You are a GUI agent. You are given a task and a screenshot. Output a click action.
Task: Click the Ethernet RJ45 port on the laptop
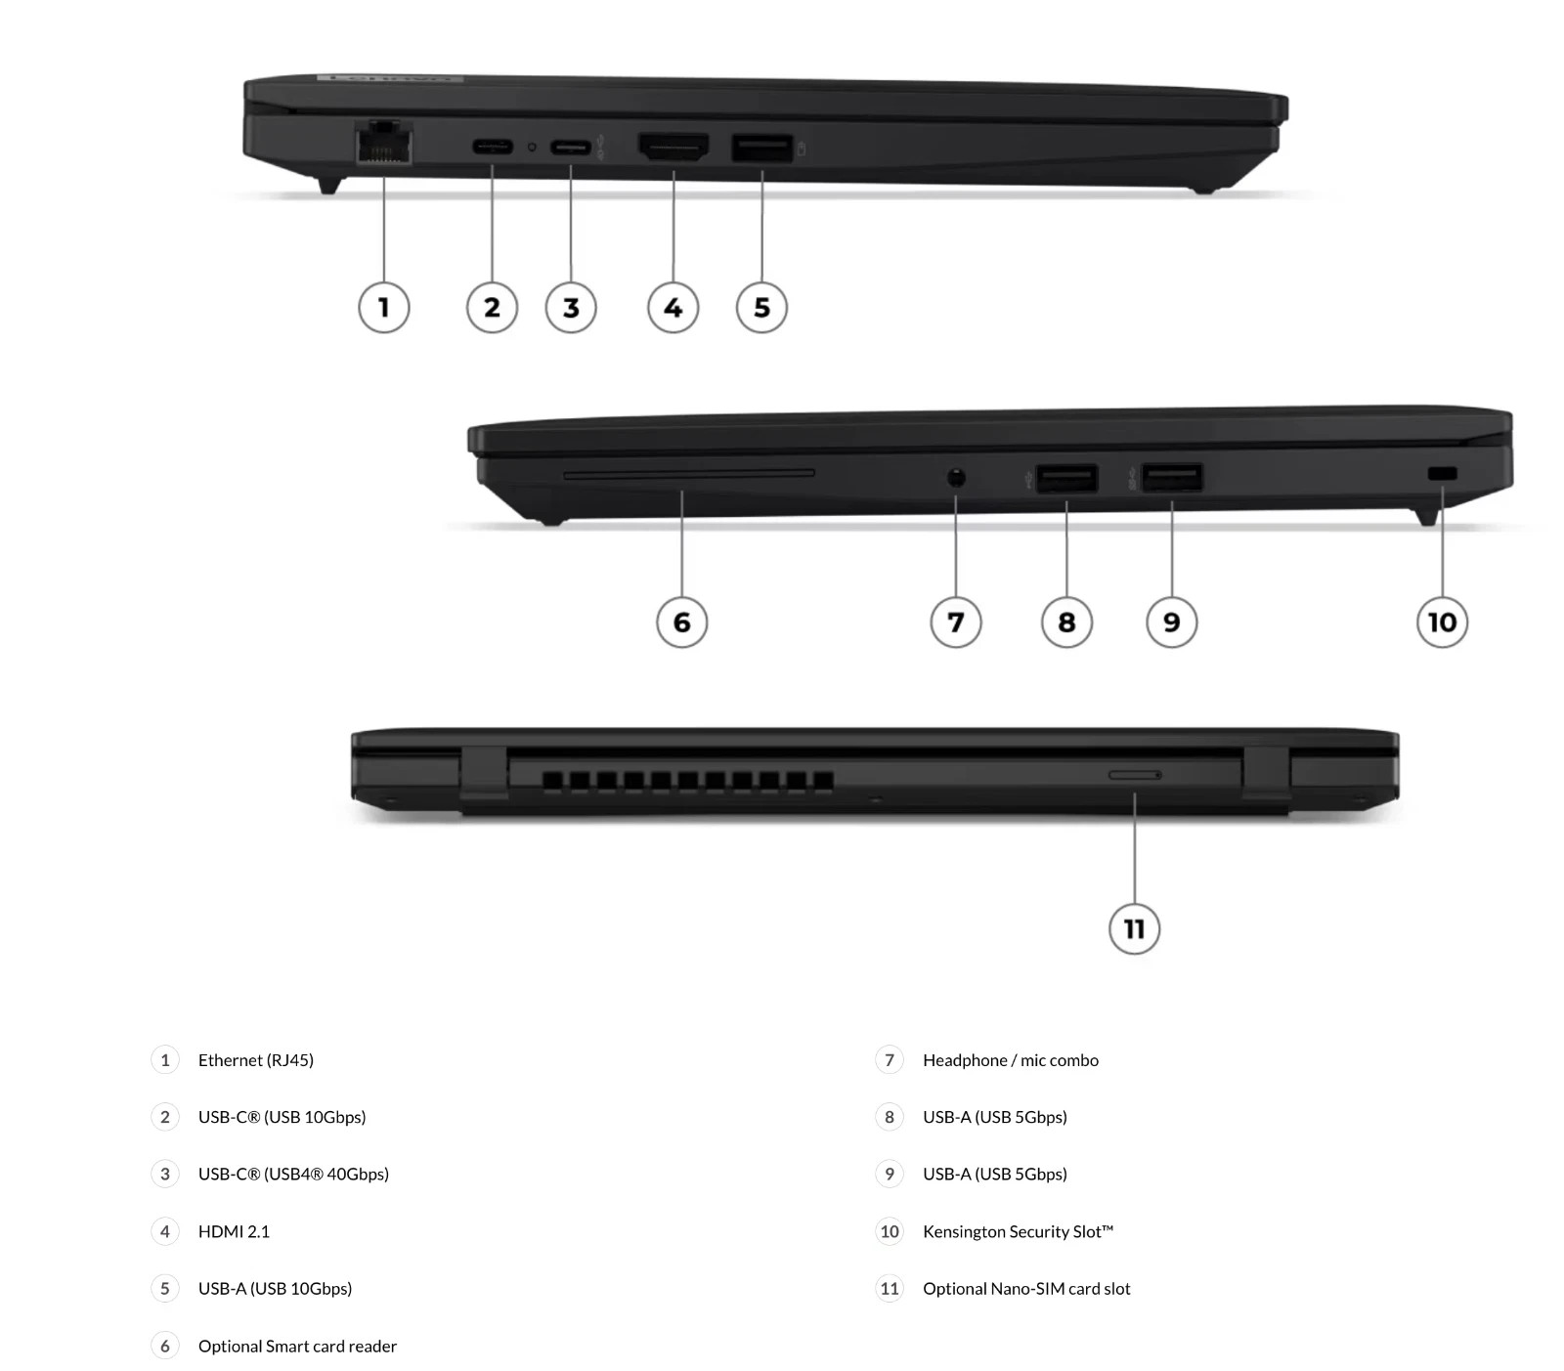coord(383,144)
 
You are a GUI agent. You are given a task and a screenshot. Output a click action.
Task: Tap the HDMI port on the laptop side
coord(673,148)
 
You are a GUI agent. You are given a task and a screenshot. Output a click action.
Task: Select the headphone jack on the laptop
coord(956,478)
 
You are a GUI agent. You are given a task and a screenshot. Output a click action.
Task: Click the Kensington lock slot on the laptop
coord(1442,475)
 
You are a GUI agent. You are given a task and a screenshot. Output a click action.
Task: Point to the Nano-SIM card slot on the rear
coord(1135,775)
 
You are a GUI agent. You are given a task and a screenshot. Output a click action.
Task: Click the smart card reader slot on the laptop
coord(689,474)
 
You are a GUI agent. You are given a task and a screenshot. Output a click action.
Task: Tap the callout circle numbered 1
coord(384,308)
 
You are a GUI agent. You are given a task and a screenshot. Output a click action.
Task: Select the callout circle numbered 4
coord(673,308)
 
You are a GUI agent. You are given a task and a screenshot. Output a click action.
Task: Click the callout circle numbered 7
coord(956,622)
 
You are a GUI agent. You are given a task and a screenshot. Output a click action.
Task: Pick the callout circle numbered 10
coord(1443,622)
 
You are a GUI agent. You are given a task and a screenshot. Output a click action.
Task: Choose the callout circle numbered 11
coord(1135,928)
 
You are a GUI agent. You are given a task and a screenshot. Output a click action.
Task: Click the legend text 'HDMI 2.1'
coord(234,1231)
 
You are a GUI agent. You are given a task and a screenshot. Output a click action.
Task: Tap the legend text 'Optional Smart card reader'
coord(297,1346)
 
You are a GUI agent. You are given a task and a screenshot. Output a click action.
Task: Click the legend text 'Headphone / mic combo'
coord(1011,1060)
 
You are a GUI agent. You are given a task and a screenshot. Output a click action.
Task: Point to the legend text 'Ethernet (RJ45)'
coord(256,1060)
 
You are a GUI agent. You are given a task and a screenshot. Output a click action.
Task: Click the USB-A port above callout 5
coord(762,149)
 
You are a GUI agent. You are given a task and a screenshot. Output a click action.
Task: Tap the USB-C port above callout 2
coord(492,148)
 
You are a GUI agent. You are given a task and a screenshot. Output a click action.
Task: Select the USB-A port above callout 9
coord(1172,478)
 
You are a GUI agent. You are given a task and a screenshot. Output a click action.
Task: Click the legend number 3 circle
coord(165,1175)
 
